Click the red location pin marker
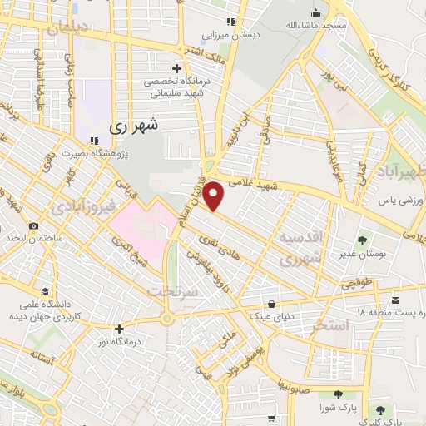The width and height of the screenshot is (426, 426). pos(215,196)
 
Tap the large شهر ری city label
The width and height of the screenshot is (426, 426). pos(134,128)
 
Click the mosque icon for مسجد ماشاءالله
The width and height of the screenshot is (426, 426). pos(315,12)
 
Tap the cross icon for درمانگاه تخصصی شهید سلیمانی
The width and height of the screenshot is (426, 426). pos(176,67)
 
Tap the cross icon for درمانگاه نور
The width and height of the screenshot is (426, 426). pos(120,329)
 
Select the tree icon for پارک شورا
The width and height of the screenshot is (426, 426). pos(336,394)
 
